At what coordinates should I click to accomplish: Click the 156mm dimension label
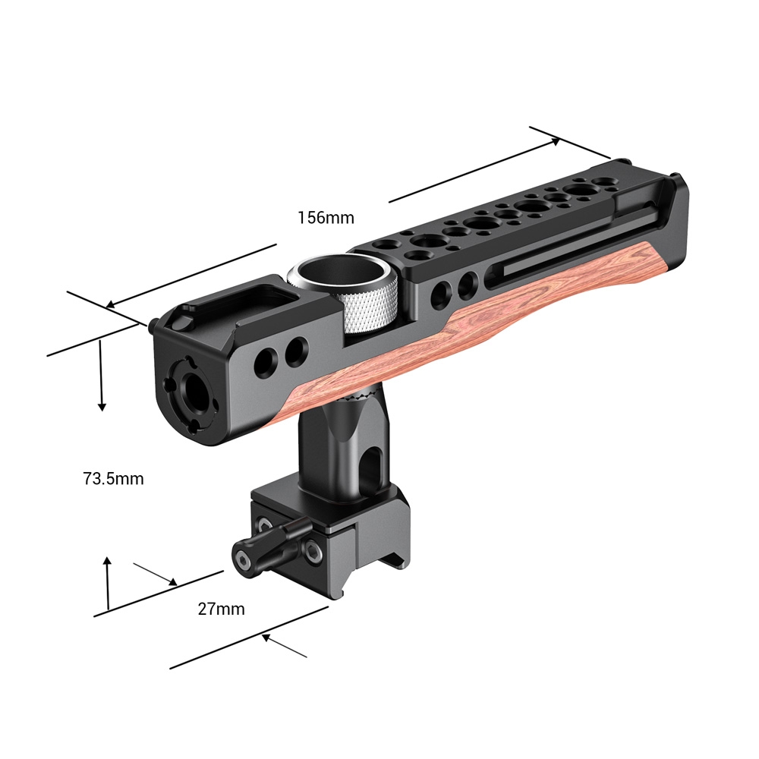326,218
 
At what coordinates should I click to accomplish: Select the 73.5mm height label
113,479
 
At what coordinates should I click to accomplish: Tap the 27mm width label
221,609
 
